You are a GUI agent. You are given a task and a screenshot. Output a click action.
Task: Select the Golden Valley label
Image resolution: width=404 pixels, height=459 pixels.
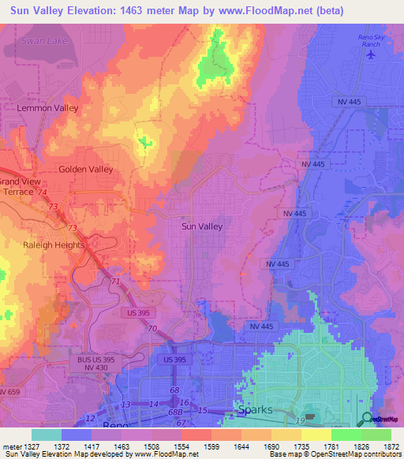click(86, 170)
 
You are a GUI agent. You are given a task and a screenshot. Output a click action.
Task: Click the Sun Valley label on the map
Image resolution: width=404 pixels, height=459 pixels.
click(202, 226)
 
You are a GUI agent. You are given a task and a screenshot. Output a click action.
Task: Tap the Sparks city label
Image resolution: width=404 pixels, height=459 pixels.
click(254, 411)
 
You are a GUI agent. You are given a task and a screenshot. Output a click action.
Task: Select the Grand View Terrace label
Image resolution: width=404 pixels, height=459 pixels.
click(21, 185)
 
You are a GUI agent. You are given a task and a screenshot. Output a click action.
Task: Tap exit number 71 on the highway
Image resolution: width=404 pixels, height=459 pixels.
click(116, 281)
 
